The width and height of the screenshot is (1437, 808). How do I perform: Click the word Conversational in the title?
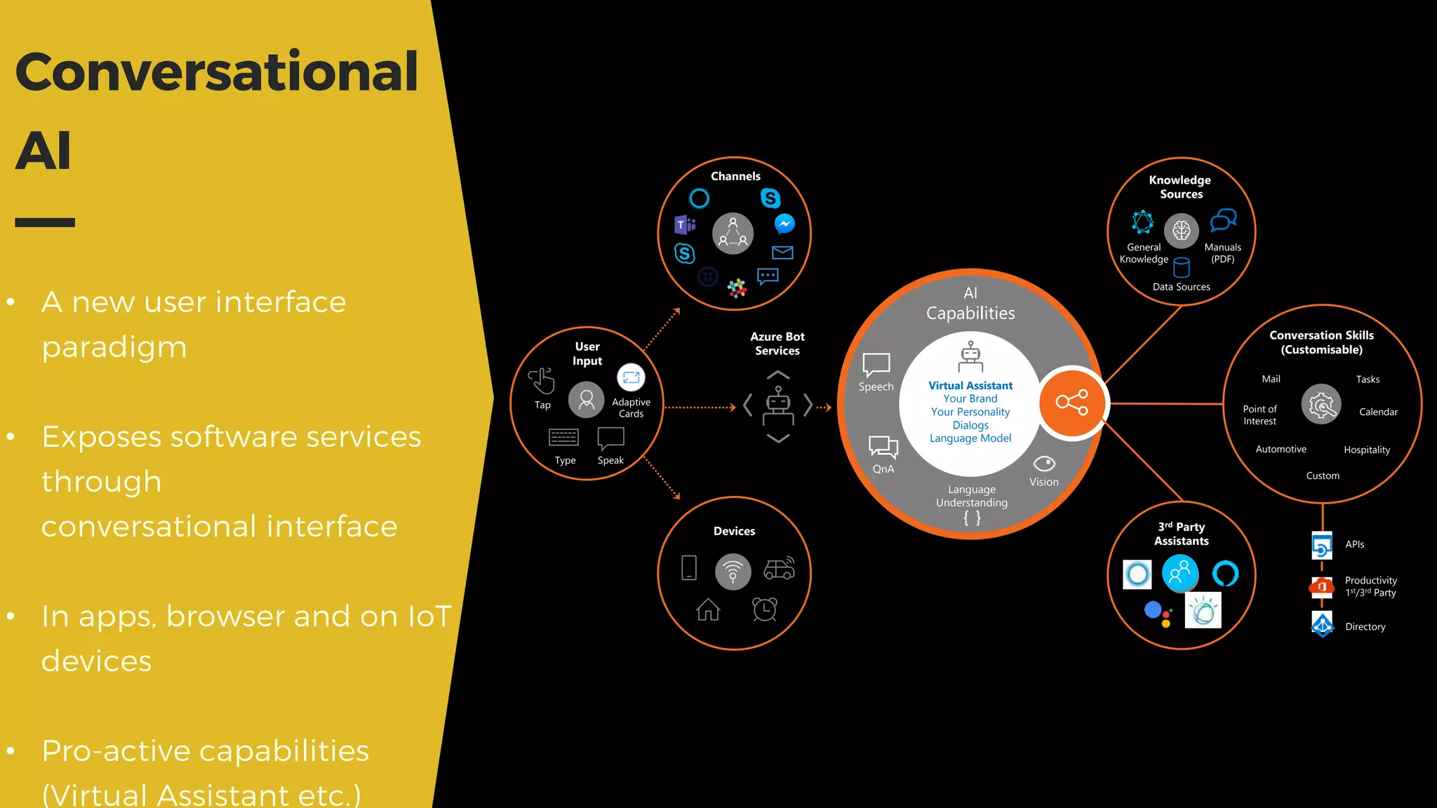click(x=216, y=72)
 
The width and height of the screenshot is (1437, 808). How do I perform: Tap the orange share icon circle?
click(x=1071, y=403)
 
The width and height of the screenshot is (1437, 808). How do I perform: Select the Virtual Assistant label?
click(x=970, y=386)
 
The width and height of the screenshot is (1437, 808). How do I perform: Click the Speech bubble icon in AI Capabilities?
click(x=876, y=365)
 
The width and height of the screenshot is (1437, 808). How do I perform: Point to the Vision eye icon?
click(x=1044, y=464)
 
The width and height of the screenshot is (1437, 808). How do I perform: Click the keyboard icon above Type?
click(x=563, y=438)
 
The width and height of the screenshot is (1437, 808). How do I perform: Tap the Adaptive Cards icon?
click(x=631, y=377)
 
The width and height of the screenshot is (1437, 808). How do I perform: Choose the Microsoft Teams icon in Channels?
click(x=685, y=224)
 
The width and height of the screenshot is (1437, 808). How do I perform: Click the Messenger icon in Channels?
click(x=784, y=224)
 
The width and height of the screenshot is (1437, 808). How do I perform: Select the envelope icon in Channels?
click(x=782, y=252)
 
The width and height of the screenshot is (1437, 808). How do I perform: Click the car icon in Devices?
click(x=779, y=569)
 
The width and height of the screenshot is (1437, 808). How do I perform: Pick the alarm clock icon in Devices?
click(x=765, y=609)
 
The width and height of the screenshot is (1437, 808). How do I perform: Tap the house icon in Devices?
click(x=708, y=610)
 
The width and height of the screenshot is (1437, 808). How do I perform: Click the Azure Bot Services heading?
click(x=777, y=344)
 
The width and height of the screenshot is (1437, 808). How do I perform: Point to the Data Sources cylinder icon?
click(x=1182, y=267)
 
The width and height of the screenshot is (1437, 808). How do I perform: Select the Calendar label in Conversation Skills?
click(x=1378, y=412)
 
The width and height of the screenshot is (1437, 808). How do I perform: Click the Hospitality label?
click(x=1366, y=450)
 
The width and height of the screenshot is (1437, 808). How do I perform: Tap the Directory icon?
click(x=1322, y=624)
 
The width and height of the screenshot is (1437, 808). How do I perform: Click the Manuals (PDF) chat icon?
click(x=1223, y=220)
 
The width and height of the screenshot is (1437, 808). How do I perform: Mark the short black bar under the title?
click(x=45, y=222)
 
